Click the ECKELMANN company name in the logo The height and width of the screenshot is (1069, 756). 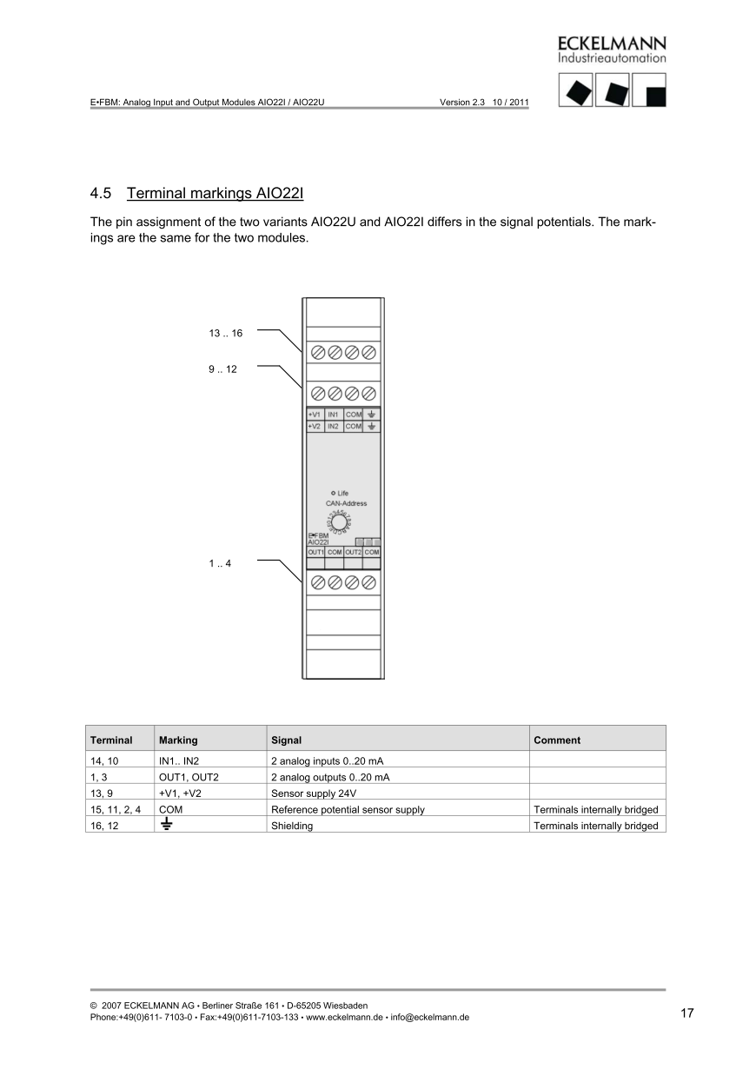(x=612, y=43)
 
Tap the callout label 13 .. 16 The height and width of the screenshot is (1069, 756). (x=225, y=334)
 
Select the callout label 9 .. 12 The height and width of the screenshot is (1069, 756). (x=222, y=369)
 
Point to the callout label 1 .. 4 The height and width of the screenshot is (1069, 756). (x=220, y=563)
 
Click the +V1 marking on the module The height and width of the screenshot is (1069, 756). (x=315, y=415)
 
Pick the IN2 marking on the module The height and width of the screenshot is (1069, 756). (x=334, y=427)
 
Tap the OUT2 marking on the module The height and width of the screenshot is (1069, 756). (x=353, y=552)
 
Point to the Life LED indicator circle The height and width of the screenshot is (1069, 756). (x=334, y=493)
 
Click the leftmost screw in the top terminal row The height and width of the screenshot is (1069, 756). (x=317, y=352)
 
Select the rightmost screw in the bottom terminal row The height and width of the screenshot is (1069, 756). (x=368, y=581)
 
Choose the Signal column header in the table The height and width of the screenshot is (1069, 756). (x=287, y=740)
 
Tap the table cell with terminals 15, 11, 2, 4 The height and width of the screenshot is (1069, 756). (x=115, y=810)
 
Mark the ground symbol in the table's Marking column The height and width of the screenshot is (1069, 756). (x=165, y=826)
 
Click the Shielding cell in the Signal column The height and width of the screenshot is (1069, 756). (x=292, y=826)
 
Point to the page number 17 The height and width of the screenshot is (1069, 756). (x=686, y=1013)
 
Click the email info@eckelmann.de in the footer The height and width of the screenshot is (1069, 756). (x=430, y=1017)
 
